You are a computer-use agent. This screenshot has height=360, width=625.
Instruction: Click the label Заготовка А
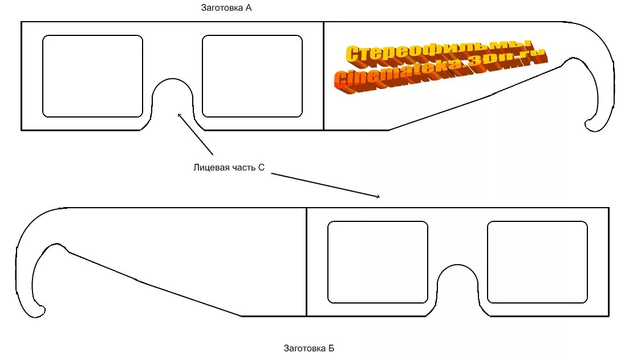pyautogui.click(x=226, y=9)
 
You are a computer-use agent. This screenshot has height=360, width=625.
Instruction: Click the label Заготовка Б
pyautogui.click(x=309, y=347)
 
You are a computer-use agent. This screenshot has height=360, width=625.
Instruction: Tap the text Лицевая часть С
pyautogui.click(x=229, y=168)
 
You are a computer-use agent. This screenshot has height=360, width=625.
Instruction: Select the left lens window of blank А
pyautogui.click(x=92, y=76)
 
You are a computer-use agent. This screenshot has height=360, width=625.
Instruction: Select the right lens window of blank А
pyautogui.click(x=252, y=76)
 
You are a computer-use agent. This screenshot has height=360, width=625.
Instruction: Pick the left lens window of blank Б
pyautogui.click(x=378, y=262)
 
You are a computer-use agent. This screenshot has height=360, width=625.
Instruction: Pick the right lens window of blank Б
pyautogui.click(x=537, y=262)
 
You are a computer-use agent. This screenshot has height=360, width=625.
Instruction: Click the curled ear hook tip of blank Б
pyautogui.click(x=40, y=311)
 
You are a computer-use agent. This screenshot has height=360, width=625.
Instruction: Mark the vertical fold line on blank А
pyautogui.click(x=323, y=76)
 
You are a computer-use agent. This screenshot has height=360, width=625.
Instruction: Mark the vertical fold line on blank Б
pyautogui.click(x=306, y=262)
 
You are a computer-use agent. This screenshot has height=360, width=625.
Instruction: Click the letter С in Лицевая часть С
pyautogui.click(x=261, y=168)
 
